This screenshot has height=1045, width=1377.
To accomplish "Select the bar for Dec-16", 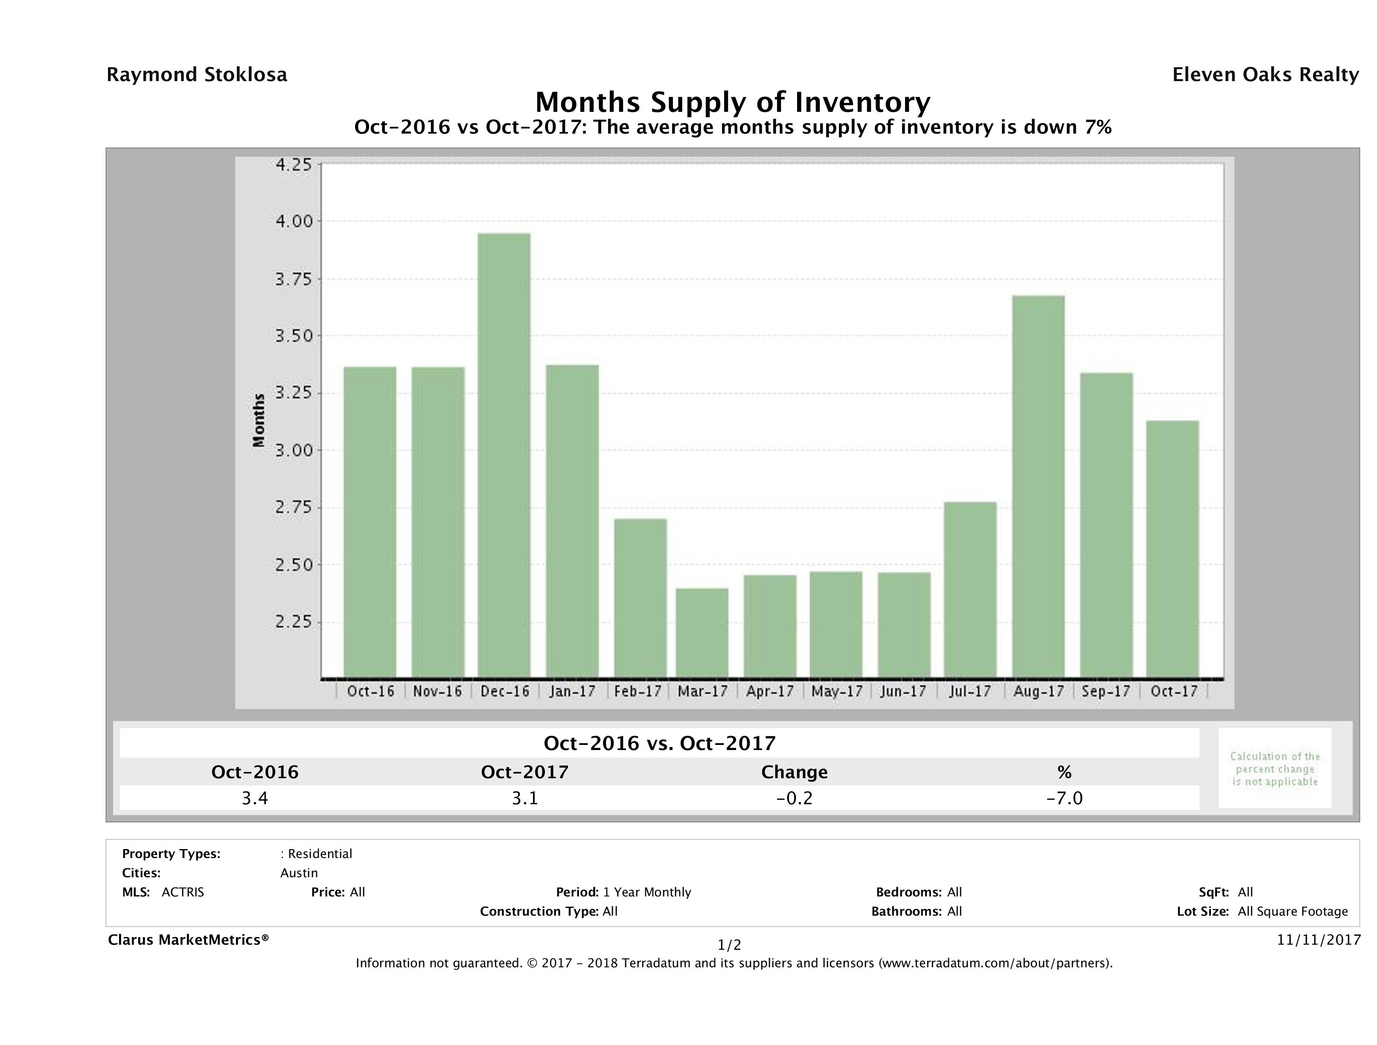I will tap(504, 455).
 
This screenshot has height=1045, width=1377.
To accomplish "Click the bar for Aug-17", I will tap(1038, 486).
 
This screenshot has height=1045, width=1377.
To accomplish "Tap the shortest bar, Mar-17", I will tap(702, 633).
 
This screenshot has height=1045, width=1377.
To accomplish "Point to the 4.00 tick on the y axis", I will tap(294, 221).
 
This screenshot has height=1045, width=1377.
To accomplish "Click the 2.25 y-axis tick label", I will tap(294, 622).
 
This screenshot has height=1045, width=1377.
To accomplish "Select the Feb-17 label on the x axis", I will tap(638, 691).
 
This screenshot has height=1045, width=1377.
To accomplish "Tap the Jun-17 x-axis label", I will tap(903, 691).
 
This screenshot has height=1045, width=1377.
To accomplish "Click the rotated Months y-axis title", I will tap(258, 420).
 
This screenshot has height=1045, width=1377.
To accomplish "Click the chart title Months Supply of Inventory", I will tap(733, 102).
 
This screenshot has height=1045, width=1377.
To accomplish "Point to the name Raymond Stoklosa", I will tap(197, 75).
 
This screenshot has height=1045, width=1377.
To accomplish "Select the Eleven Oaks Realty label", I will tap(1265, 75).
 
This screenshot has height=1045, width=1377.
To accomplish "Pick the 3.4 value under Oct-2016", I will tap(255, 798).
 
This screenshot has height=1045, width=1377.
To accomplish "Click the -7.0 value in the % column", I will tap(1065, 798).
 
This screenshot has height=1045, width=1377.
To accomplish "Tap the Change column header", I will tap(795, 772).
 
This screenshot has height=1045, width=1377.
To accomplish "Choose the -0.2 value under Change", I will tap(795, 798).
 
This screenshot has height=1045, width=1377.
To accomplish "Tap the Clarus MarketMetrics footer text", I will tap(188, 940).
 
